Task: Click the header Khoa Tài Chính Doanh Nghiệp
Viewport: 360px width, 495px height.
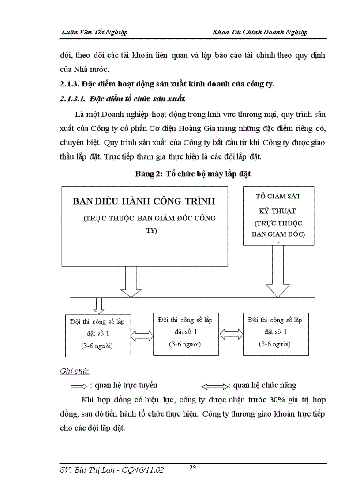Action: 260,32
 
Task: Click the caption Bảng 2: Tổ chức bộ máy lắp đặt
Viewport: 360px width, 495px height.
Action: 193,174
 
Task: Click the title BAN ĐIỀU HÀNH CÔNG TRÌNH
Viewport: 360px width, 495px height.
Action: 144,201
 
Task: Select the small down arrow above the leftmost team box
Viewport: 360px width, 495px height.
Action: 99,305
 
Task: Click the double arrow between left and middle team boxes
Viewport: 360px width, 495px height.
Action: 142,336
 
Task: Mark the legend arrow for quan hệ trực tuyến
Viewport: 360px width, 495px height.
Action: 79,386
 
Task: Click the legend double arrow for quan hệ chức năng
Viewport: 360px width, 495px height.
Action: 215,387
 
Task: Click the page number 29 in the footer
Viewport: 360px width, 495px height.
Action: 192,468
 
